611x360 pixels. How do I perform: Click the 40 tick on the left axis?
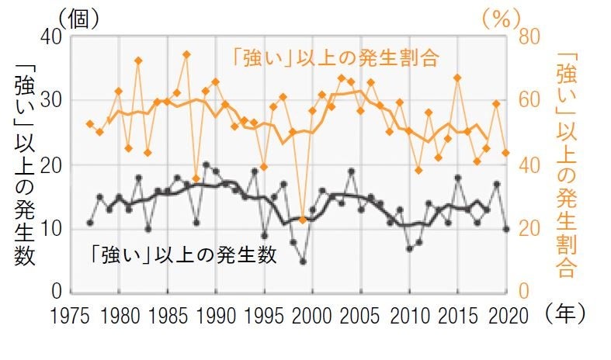click(x=51, y=36)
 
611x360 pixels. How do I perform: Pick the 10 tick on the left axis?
click(x=51, y=228)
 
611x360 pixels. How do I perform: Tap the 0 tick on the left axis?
click(x=56, y=292)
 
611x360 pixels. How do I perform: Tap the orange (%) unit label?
click(x=500, y=17)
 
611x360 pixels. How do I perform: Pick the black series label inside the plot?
click(x=182, y=255)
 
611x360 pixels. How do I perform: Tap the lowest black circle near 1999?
click(x=303, y=261)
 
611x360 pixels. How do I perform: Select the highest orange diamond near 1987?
click(x=186, y=54)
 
